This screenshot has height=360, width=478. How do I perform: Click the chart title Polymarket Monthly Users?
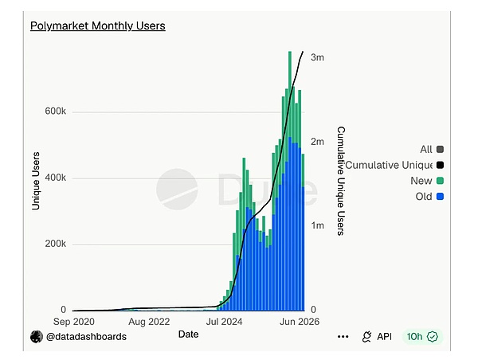[98, 26]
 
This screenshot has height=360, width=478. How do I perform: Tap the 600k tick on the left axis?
[55, 111]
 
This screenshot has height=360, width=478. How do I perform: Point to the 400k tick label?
[55, 178]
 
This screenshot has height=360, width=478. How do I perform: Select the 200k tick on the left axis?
[55, 244]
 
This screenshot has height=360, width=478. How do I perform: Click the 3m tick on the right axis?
[317, 57]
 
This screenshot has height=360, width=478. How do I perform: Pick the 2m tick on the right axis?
[317, 142]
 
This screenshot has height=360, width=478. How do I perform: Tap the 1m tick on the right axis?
[317, 225]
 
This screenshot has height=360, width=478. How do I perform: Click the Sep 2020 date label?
[74, 322]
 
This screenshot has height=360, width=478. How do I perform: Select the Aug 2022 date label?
[149, 322]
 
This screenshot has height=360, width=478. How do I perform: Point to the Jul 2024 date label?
[225, 322]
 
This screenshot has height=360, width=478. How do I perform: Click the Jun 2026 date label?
[300, 322]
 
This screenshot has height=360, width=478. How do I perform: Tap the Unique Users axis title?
[36, 181]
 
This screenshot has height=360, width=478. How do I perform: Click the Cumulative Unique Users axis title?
[341, 181]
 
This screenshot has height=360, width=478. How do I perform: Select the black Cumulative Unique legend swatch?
[440, 165]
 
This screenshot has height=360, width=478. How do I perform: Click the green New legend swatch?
[440, 181]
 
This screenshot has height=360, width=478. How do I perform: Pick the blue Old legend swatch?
[440, 197]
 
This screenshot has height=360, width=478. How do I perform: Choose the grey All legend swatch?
[440, 150]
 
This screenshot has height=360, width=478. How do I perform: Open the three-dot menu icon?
[343, 337]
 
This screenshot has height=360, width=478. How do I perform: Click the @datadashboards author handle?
[86, 337]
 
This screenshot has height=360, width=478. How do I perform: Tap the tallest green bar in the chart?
[290, 95]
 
